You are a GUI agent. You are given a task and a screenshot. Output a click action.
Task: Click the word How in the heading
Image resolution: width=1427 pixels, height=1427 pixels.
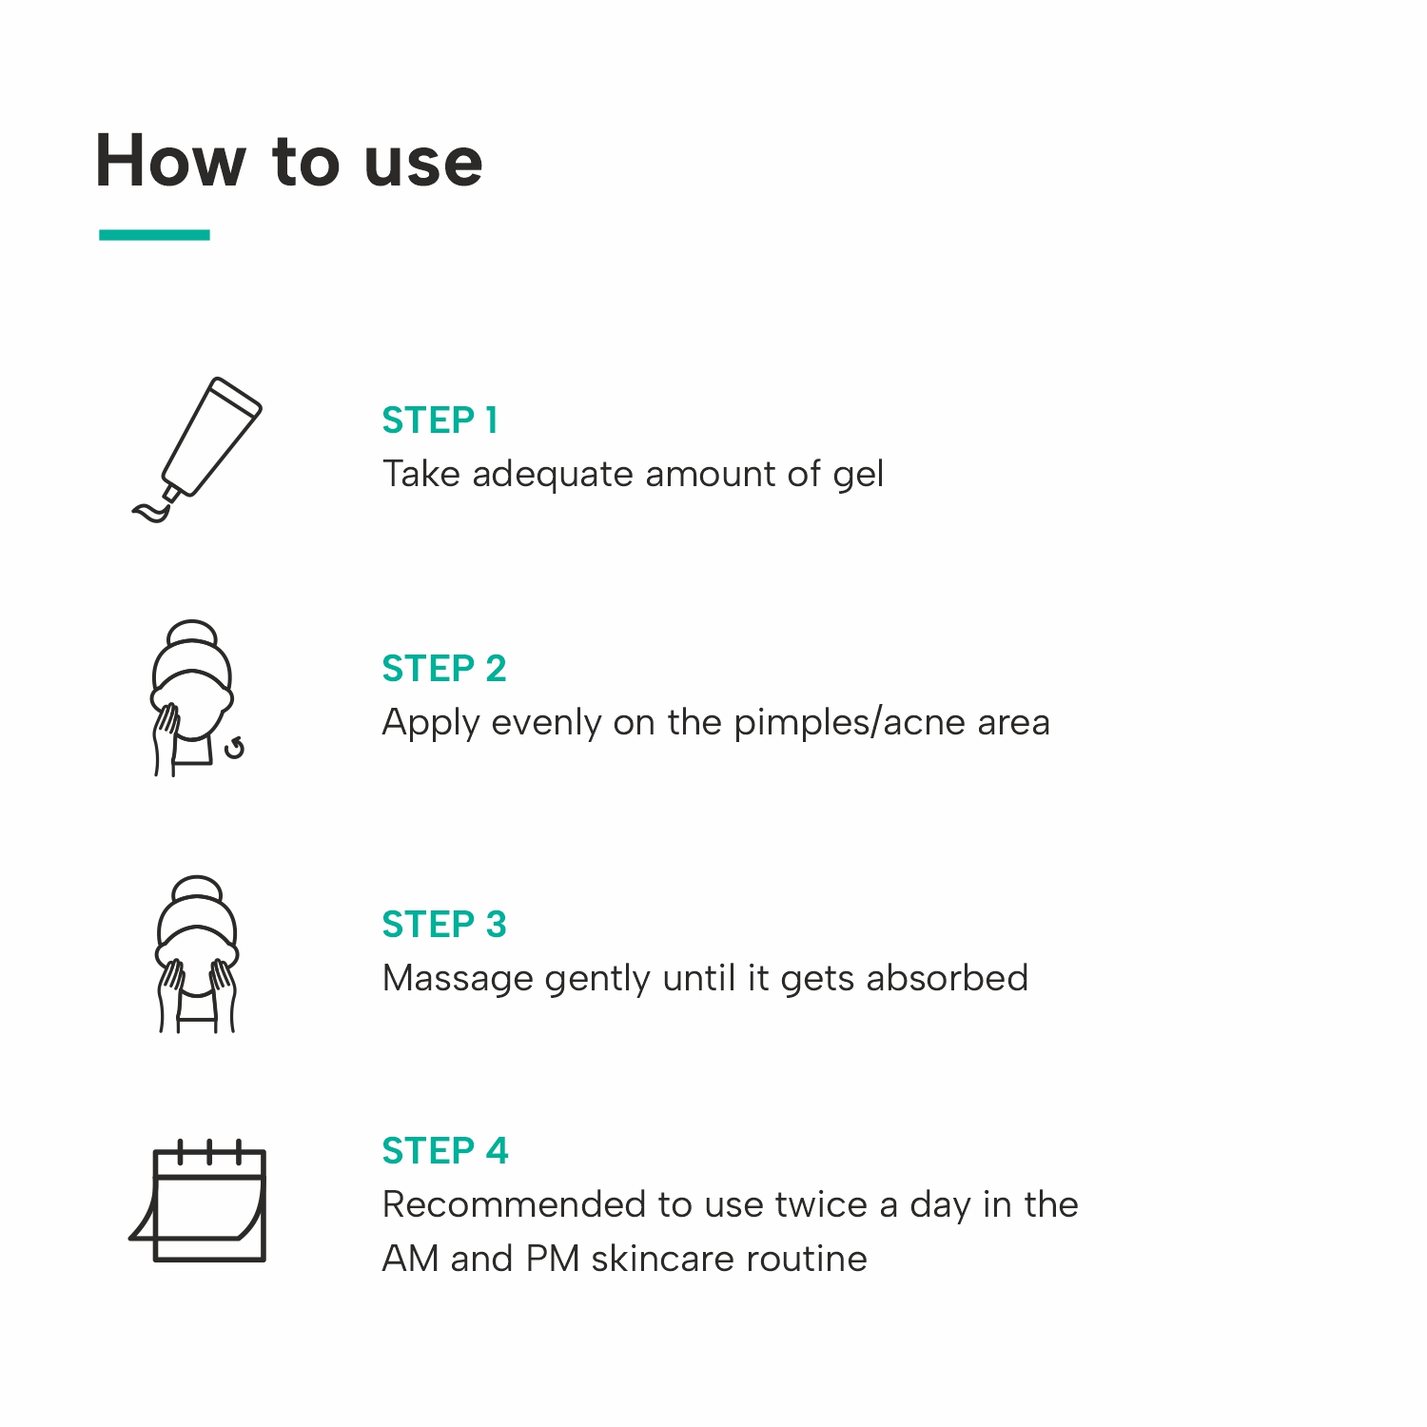(x=170, y=161)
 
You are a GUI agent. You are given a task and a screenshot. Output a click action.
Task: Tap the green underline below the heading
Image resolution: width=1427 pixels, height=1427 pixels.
(x=154, y=234)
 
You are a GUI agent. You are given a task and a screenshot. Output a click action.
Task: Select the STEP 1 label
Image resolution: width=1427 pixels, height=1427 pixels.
(x=440, y=420)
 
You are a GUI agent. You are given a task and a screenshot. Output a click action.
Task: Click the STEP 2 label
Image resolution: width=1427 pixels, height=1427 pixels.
(x=444, y=668)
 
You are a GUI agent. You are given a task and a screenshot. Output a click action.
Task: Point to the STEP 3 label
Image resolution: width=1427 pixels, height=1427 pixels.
(x=444, y=924)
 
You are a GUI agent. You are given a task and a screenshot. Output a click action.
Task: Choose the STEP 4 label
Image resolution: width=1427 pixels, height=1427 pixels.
(x=445, y=1150)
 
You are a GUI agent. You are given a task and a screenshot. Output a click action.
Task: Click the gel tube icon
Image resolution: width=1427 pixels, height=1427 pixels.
(x=197, y=449)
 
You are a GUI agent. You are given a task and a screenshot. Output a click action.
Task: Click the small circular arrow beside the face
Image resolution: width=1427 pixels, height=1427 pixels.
(x=234, y=748)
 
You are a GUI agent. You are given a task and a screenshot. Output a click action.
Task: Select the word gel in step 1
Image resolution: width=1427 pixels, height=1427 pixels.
(x=858, y=475)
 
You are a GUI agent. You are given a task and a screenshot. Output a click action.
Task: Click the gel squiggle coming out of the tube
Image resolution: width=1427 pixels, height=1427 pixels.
(x=151, y=512)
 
